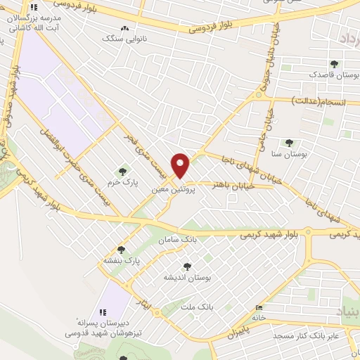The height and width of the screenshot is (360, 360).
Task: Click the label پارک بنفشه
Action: [122, 259]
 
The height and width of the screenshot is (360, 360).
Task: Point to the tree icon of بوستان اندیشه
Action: [186, 266]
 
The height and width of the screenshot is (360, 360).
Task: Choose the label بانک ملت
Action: [196, 306]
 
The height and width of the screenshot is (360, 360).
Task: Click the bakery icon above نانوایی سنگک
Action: [125, 29]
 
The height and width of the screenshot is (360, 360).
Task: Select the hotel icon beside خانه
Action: [259, 308]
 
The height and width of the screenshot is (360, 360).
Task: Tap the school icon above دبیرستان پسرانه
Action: [103, 312]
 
